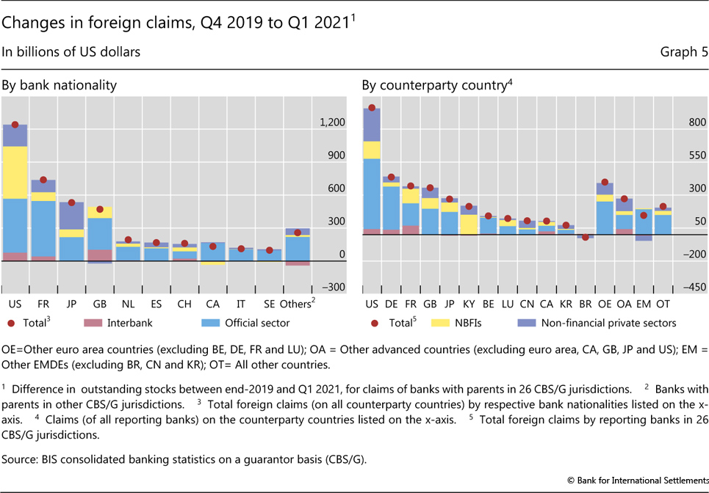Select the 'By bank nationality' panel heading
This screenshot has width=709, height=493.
point(59,85)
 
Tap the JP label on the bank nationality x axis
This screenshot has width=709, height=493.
point(71,304)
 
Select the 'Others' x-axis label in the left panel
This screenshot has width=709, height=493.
point(295,304)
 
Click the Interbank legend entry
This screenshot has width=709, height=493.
point(132,322)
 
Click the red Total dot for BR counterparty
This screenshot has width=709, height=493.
point(586,237)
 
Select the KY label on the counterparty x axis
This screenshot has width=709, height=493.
point(468,304)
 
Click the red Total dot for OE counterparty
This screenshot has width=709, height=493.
point(605,182)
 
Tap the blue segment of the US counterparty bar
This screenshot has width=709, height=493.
point(372,194)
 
